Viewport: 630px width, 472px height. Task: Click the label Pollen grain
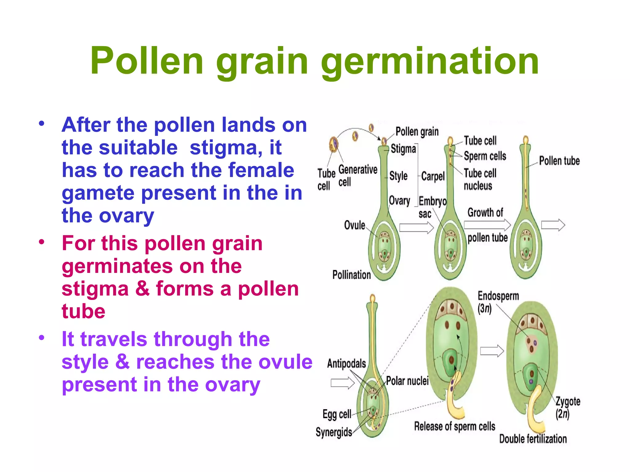tap(417, 132)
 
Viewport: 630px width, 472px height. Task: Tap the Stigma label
tap(403, 149)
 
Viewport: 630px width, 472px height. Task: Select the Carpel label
tap(433, 176)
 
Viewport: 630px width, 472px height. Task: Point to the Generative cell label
tap(357, 175)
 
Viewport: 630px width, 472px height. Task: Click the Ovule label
tap(354, 225)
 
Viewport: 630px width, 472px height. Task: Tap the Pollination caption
tap(351, 275)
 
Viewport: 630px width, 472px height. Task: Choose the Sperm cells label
tap(485, 156)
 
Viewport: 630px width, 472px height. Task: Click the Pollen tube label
tap(559, 161)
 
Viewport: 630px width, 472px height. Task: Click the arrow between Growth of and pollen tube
tap(487, 225)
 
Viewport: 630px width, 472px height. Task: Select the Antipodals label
tap(346, 364)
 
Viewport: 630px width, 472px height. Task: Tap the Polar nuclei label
tap(407, 381)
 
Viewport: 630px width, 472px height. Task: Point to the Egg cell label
tap(337, 414)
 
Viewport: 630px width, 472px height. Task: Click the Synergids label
tap(334, 432)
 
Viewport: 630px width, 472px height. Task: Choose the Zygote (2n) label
tap(568, 407)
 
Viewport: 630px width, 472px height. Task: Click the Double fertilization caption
tap(532, 439)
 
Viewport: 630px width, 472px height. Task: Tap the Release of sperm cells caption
tap(454, 427)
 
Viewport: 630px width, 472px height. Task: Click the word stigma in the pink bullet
tap(95, 289)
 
